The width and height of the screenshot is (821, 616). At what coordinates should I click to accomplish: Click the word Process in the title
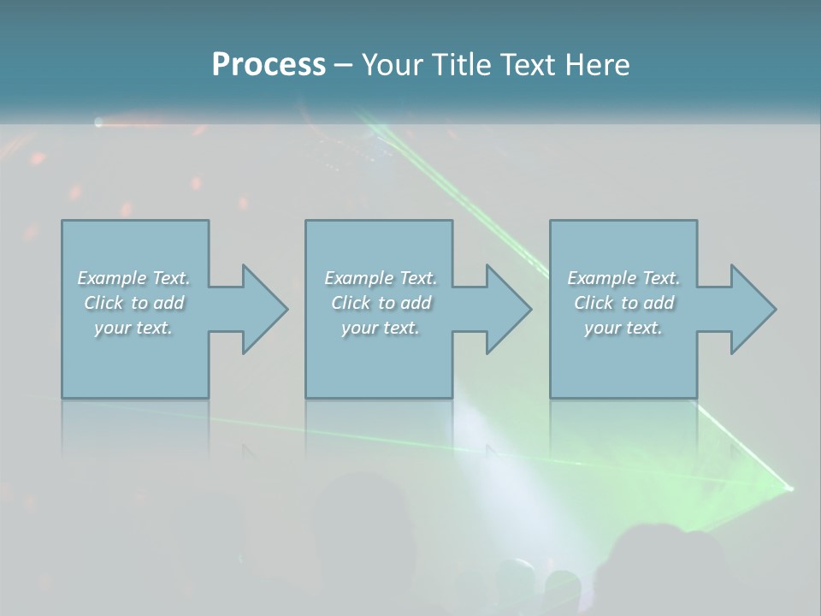pyautogui.click(x=269, y=65)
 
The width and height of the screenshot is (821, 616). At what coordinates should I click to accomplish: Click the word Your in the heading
pyautogui.click(x=393, y=65)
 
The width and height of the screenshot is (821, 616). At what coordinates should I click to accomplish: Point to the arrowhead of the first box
pyautogui.click(x=260, y=309)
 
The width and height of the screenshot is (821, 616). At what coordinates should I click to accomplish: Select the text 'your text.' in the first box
pyautogui.click(x=133, y=328)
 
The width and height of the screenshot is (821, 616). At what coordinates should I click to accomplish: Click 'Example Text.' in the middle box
pyautogui.click(x=380, y=278)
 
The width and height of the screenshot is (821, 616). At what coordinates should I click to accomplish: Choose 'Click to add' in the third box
pyautogui.click(x=623, y=303)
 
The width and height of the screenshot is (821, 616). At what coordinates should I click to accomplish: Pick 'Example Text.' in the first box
pyautogui.click(x=133, y=278)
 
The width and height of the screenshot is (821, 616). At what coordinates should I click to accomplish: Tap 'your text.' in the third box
pyautogui.click(x=623, y=328)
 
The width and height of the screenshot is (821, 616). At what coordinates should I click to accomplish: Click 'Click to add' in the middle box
pyautogui.click(x=380, y=303)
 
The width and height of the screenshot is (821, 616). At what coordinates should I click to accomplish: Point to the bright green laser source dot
pyautogui.click(x=789, y=489)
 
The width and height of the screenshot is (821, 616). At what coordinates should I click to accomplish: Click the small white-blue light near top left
pyautogui.click(x=98, y=123)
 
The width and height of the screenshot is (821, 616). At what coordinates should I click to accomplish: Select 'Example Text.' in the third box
pyautogui.click(x=623, y=278)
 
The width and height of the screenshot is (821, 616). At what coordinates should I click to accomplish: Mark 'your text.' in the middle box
pyautogui.click(x=380, y=328)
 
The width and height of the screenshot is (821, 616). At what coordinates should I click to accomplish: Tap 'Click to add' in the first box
pyautogui.click(x=133, y=303)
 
